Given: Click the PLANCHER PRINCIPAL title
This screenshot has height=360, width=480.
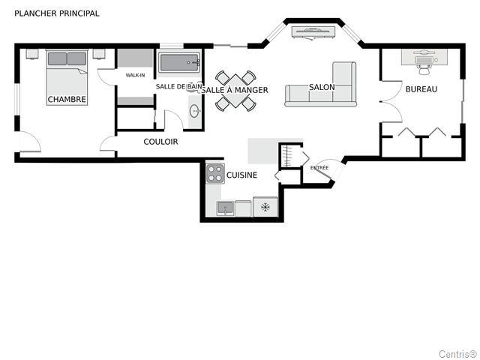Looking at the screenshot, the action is point(57,13).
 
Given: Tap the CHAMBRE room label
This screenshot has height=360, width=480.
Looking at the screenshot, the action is point(67,99).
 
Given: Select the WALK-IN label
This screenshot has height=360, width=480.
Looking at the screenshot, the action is point(135,75).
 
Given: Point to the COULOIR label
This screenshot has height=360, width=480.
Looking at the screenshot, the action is point(160,142).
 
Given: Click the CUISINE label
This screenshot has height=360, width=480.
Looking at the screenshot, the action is point(241,175).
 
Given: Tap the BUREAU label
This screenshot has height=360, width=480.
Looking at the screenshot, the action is point(421,89).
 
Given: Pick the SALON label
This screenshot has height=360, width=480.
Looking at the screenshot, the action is point(322,87).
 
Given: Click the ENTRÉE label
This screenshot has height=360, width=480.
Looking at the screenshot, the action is point(319,168).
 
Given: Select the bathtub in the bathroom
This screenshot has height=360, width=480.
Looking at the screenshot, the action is point(179,63).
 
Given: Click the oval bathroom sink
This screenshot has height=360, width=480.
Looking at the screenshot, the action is point(195,111).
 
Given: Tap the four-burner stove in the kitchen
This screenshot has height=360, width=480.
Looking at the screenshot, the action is point(215,173).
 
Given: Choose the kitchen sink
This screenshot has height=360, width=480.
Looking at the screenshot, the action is point(225,208).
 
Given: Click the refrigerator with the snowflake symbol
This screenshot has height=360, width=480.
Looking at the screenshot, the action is point(265,207).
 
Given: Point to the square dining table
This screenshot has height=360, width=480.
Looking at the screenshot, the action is point(235,91).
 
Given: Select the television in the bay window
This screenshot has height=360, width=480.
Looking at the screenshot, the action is point(313,32).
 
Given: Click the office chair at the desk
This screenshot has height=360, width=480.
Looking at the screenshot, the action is point(424,70).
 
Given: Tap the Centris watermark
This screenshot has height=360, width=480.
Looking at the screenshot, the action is point(458,354).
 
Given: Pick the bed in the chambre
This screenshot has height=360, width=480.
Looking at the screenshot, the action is point(67,77).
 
